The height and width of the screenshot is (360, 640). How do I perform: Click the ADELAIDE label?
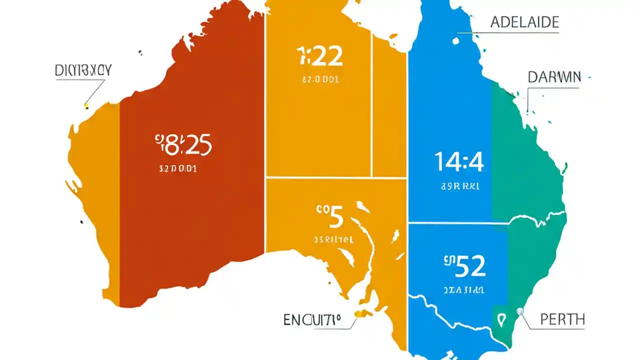[x=524, y=22]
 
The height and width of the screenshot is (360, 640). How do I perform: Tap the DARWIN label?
[x=554, y=77]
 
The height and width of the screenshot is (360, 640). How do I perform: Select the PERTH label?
[x=562, y=319]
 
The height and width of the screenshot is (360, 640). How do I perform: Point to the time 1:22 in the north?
[x=320, y=56]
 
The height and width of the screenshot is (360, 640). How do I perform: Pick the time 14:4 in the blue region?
[x=459, y=162]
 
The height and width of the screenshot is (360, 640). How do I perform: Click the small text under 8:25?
[x=177, y=169]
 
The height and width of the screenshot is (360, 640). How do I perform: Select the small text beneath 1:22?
[x=320, y=79]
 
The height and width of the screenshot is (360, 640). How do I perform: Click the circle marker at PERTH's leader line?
[x=520, y=310]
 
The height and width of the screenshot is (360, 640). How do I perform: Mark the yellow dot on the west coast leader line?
[x=86, y=105]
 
